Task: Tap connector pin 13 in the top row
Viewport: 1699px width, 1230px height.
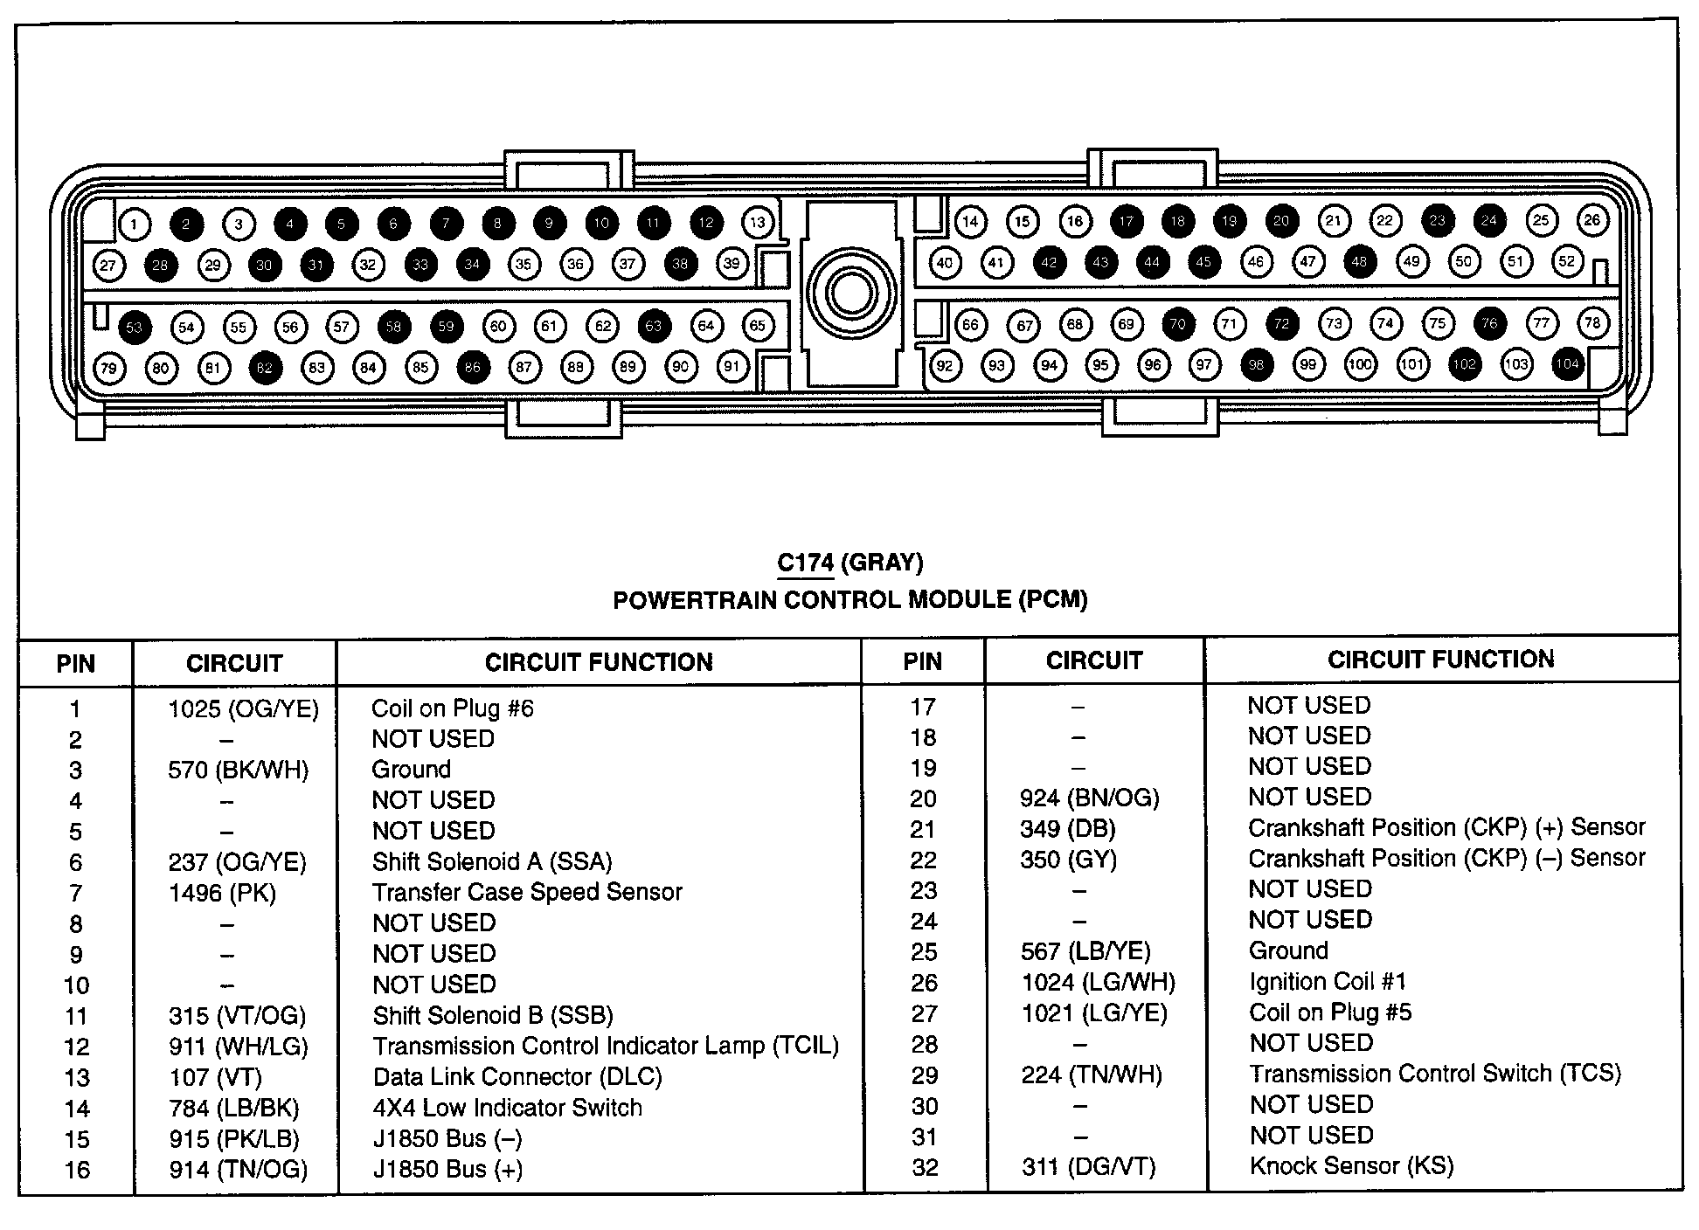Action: coord(758,222)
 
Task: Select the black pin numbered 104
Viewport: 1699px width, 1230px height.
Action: coord(1568,364)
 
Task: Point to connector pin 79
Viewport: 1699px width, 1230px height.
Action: coord(108,368)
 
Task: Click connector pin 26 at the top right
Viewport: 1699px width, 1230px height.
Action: coord(1592,220)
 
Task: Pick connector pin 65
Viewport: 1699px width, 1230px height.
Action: coord(758,326)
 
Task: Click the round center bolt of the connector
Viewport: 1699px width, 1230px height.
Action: coord(850,293)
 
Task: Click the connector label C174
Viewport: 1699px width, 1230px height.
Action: coord(805,563)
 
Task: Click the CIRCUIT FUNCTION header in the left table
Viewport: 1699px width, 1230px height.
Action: coord(599,663)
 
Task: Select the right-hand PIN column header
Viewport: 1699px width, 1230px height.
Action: coord(922,661)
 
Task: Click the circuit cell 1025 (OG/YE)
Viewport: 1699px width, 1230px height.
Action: coord(244,708)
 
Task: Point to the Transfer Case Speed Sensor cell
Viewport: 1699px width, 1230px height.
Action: coord(527,892)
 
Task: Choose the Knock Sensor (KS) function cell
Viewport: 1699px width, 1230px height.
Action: coord(1351,1165)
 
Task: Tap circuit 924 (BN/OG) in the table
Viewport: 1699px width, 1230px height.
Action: coord(1089,798)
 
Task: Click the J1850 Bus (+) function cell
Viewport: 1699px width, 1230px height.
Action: coord(447,1169)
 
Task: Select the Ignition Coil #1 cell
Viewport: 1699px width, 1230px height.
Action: coord(1328,981)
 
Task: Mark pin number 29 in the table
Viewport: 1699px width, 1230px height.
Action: coord(925,1075)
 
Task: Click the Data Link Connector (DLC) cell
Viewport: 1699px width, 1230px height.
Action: coord(517,1076)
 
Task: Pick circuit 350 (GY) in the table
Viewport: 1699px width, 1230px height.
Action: coord(1068,860)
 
